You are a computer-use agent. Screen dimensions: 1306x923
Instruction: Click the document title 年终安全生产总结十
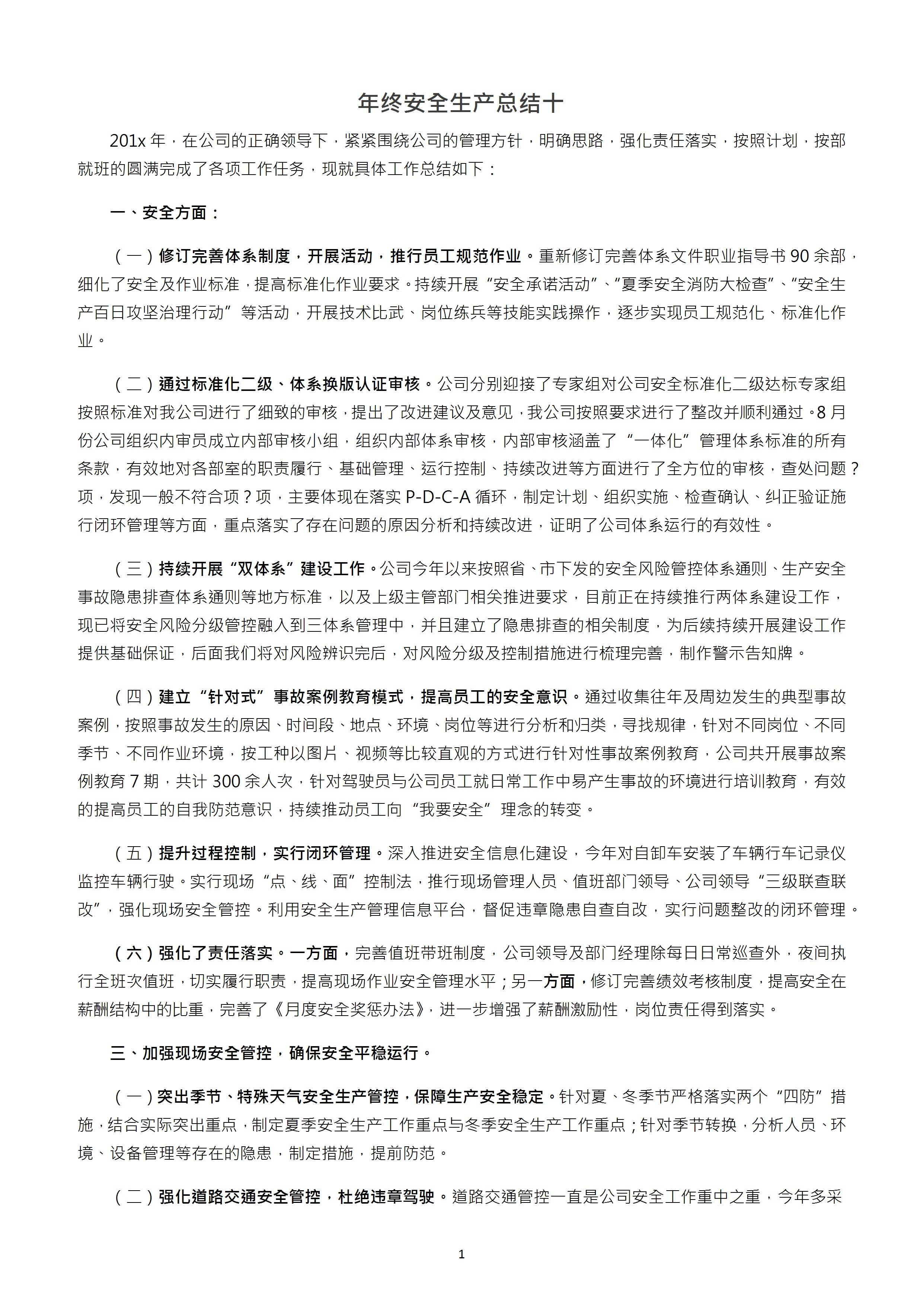pyautogui.click(x=461, y=103)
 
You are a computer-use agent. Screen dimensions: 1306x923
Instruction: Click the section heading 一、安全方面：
pyautogui.click(x=165, y=213)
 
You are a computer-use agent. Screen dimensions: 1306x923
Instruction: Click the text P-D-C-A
pyautogui.click(x=438, y=497)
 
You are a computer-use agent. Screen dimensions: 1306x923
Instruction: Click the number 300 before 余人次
pyautogui.click(x=226, y=781)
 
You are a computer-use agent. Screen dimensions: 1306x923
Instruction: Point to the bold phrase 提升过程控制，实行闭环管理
pyautogui.click(x=265, y=853)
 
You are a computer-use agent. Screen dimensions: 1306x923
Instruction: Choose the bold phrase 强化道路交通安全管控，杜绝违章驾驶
pyautogui.click(x=297, y=1197)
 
